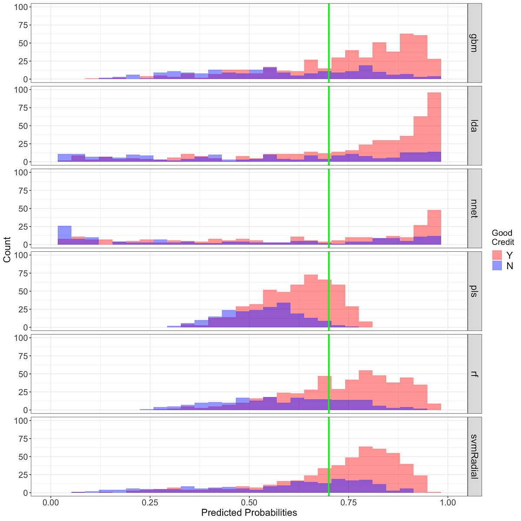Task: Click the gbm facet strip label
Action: (x=474, y=43)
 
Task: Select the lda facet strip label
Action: (x=474, y=125)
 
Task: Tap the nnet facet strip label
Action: (x=474, y=208)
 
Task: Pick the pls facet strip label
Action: (x=474, y=291)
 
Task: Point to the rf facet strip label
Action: (x=474, y=373)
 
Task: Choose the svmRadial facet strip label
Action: (x=474, y=456)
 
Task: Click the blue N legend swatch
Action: (x=497, y=266)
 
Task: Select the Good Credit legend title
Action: (x=502, y=237)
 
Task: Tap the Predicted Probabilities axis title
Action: (x=249, y=513)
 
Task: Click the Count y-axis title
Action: (x=7, y=250)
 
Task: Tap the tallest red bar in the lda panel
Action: (x=434, y=126)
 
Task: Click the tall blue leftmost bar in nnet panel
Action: (x=65, y=232)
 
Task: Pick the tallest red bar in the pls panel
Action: (x=311, y=300)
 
